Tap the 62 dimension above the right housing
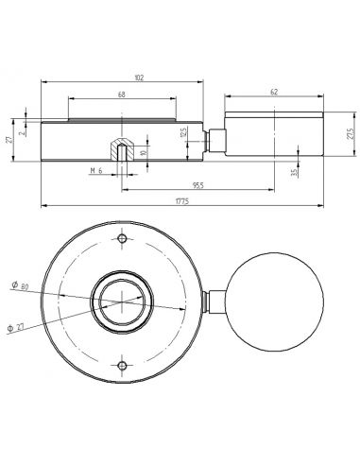(x=274, y=92)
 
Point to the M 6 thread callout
(x=95, y=170)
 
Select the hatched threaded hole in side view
(x=121, y=147)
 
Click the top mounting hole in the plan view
(x=121, y=238)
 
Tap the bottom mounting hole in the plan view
(x=121, y=364)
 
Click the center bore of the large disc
(x=121, y=301)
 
